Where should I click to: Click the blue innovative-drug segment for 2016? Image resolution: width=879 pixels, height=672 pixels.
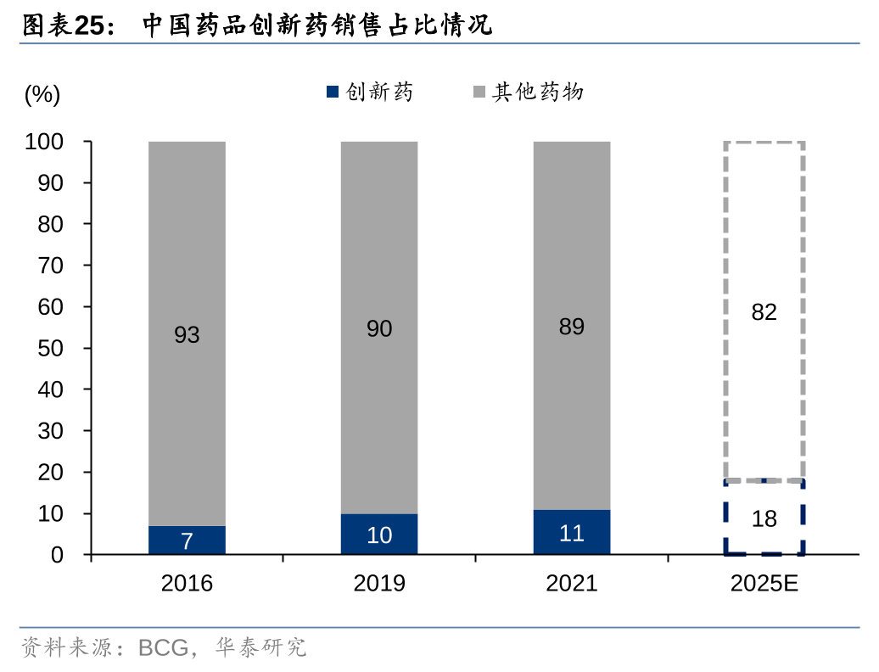(187, 540)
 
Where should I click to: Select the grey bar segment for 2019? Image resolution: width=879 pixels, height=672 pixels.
(379, 255)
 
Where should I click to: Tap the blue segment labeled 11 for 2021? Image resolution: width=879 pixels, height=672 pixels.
(572, 532)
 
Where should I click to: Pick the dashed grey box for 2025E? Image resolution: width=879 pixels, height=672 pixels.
(764, 212)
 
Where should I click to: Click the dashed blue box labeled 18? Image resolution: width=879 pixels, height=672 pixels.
(764, 518)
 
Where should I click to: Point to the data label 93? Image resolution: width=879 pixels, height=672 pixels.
(187, 335)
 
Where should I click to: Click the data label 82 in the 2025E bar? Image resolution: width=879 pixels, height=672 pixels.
(764, 313)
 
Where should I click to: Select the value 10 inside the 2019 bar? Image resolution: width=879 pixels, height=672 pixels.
(379, 535)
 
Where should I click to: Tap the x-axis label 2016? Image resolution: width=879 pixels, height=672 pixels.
(187, 584)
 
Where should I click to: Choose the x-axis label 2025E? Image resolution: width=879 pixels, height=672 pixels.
(764, 584)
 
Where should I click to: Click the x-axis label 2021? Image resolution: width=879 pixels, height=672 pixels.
(572, 584)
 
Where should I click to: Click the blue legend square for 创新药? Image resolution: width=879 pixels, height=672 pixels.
(333, 92)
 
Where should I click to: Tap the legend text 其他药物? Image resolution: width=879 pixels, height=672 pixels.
(538, 92)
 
